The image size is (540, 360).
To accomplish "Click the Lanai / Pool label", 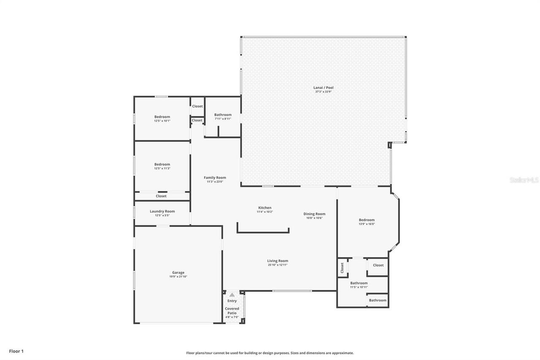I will (x=324, y=88).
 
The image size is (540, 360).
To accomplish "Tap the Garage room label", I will (x=178, y=273).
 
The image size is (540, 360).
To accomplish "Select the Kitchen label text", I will (x=265, y=208).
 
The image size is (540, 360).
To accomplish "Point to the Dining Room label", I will (x=314, y=214).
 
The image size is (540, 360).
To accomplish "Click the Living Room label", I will (x=278, y=261).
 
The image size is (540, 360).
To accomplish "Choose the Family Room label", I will (x=215, y=178).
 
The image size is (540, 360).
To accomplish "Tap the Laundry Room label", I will (x=162, y=211).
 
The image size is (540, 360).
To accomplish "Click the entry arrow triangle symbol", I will (x=232, y=295).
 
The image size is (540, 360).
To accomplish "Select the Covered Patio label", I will (x=232, y=311).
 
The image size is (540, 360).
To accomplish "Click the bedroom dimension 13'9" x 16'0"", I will (x=367, y=224).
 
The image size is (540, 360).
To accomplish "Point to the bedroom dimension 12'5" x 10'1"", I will (x=162, y=121).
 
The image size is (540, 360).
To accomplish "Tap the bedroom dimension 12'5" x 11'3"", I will (x=162, y=168).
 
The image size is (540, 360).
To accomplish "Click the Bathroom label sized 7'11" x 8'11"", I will (x=223, y=115).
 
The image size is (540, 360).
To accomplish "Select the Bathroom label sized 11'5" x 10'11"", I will (x=359, y=283).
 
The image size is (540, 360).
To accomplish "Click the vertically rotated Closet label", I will (x=342, y=267).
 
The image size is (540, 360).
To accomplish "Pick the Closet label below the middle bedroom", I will (x=161, y=196).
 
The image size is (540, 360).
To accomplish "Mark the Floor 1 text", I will (x=16, y=351).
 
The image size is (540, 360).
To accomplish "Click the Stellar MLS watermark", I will (x=524, y=180).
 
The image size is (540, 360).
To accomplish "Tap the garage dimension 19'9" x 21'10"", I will (x=178, y=277).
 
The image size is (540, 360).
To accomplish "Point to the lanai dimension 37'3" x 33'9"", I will (x=324, y=92).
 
